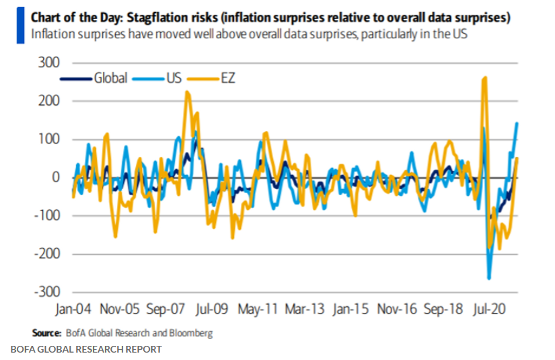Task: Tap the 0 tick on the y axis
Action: (55, 178)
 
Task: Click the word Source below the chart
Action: (46, 332)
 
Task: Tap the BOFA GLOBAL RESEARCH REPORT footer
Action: (86, 349)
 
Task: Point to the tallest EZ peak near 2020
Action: (485, 78)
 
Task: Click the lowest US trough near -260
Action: (489, 277)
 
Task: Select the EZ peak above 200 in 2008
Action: (187, 92)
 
